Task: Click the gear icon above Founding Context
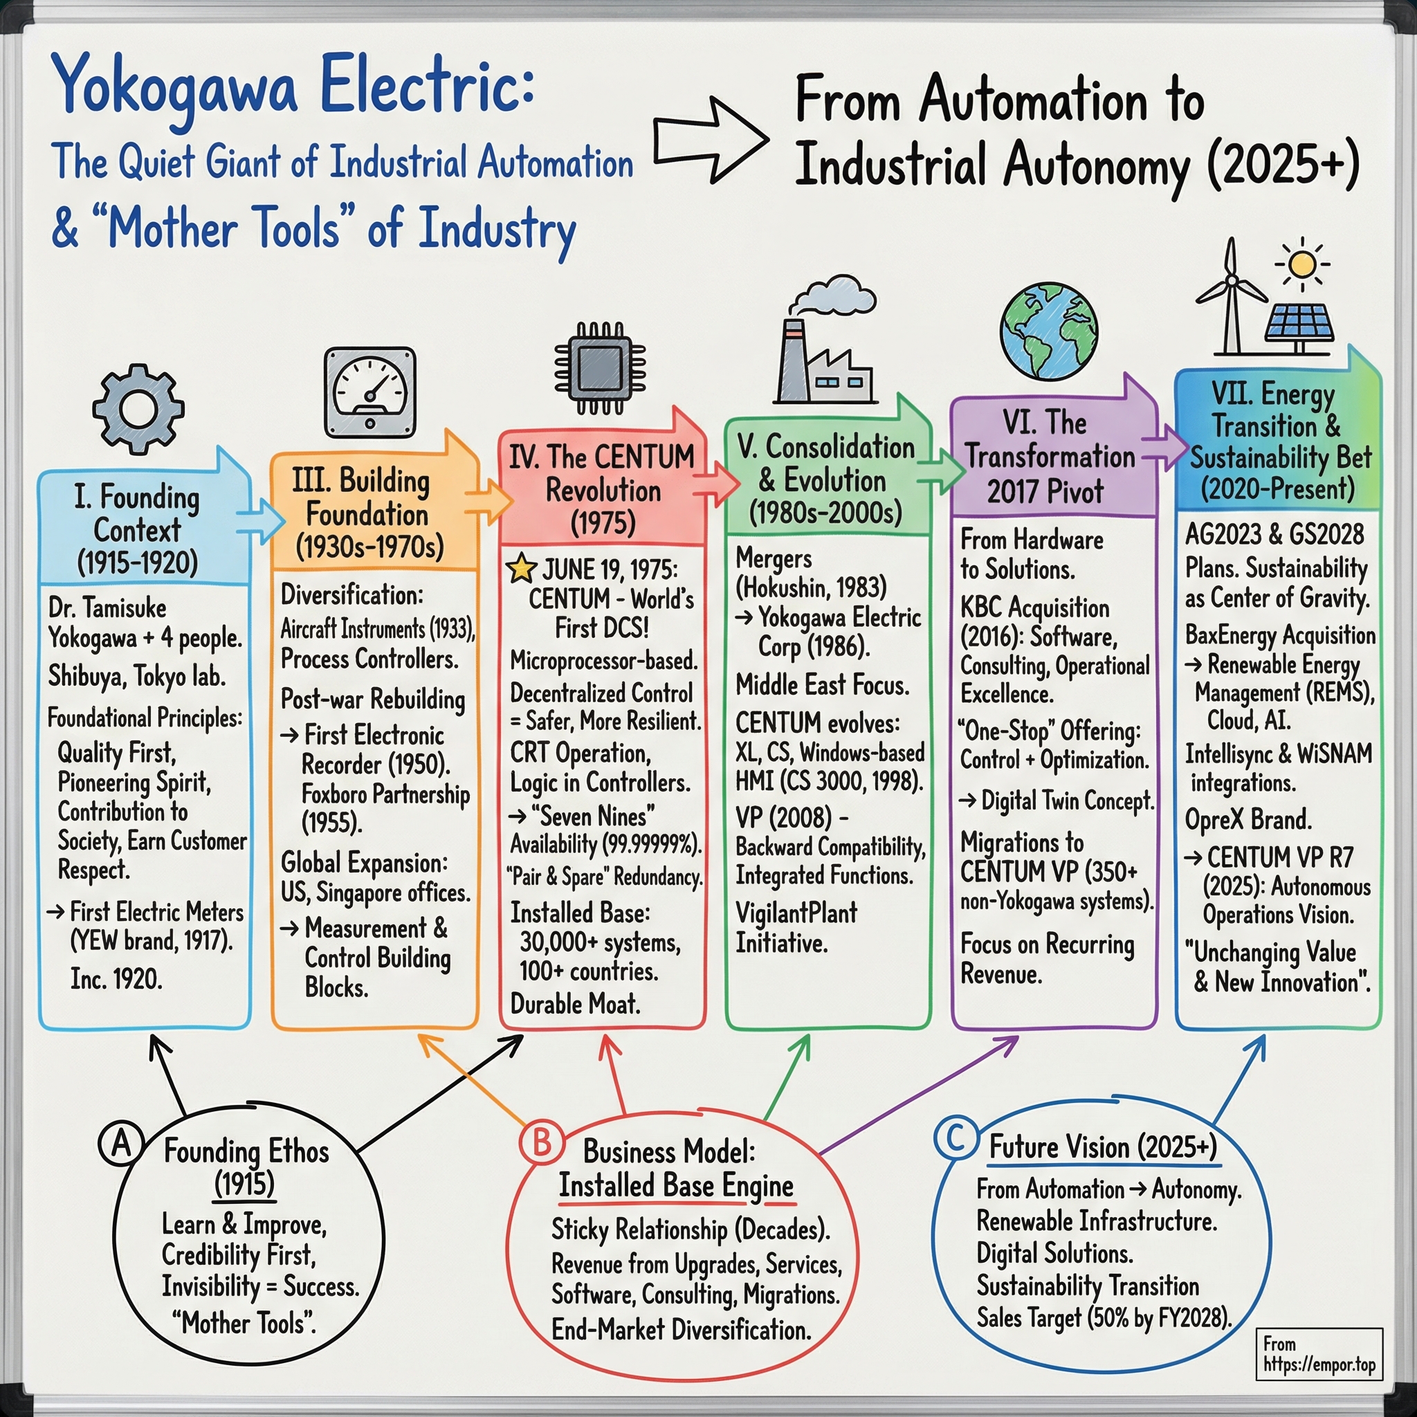[138, 410]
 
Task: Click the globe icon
[1049, 331]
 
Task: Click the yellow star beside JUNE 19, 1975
[522, 569]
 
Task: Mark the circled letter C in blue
[956, 1137]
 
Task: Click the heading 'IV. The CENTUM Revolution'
[602, 489]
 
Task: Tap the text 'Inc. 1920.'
[116, 979]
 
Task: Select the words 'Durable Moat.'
[575, 1004]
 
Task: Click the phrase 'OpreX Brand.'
[1248, 819]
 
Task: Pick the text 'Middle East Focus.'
[822, 685]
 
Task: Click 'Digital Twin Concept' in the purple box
[1067, 801]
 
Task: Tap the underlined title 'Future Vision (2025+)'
[1102, 1146]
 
